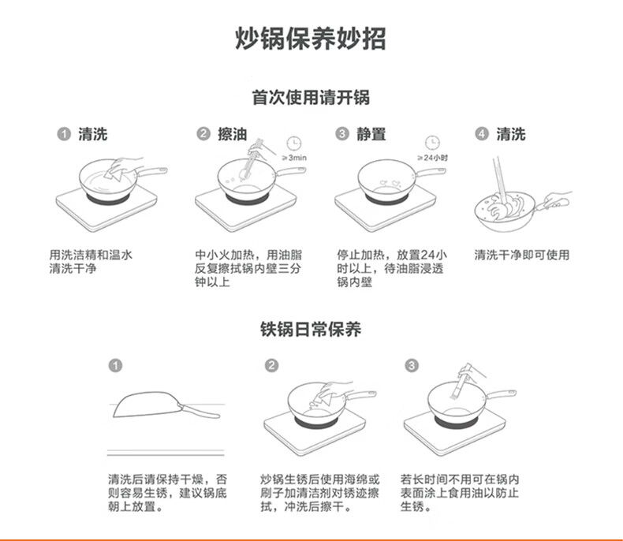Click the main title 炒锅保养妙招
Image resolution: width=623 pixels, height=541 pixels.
pyautogui.click(x=310, y=39)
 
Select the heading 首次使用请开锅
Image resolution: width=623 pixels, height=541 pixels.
pyautogui.click(x=311, y=97)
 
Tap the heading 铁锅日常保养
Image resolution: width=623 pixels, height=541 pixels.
pyautogui.click(x=311, y=330)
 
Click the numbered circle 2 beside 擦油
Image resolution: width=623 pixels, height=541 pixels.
pyautogui.click(x=203, y=133)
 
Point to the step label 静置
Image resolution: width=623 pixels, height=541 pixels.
pyautogui.click(x=371, y=134)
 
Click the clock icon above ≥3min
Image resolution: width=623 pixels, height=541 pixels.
pyautogui.click(x=294, y=143)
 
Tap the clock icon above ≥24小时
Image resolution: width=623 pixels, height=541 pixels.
pyautogui.click(x=432, y=143)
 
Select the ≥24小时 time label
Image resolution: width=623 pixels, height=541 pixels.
pyautogui.click(x=432, y=158)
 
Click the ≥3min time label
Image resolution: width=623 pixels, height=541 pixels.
pyautogui.click(x=294, y=158)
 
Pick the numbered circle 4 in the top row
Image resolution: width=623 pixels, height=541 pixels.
pyautogui.click(x=482, y=133)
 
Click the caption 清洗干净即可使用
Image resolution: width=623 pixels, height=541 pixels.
pyautogui.click(x=522, y=255)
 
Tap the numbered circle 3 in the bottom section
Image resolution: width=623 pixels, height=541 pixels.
pyautogui.click(x=412, y=365)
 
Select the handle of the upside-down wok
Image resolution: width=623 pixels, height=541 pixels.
pyautogui.click(x=199, y=411)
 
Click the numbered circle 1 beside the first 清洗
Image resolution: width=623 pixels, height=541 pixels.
pyautogui.click(x=64, y=133)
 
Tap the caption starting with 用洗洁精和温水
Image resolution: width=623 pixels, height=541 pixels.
pyautogui.click(x=91, y=262)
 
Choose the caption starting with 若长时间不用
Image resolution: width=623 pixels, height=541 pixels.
pyautogui.click(x=460, y=493)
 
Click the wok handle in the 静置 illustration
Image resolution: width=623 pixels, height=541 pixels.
pyautogui.click(x=429, y=173)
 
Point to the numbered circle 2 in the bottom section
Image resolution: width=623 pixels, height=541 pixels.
pyautogui.click(x=272, y=365)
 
